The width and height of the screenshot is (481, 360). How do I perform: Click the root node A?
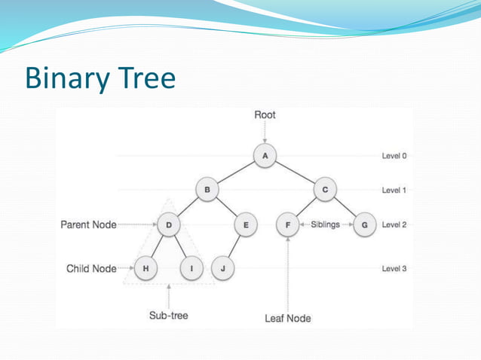click(265, 156)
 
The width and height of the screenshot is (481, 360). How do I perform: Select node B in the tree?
click(207, 190)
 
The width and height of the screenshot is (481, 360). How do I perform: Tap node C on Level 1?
click(325, 190)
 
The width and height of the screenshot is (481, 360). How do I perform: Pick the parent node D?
click(168, 224)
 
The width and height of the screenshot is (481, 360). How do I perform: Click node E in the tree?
click(246, 224)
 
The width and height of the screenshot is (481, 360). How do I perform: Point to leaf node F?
click(287, 224)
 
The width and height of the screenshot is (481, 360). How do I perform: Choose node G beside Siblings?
click(365, 224)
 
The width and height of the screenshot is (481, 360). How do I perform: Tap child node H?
click(145, 268)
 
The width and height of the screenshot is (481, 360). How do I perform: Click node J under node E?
click(222, 268)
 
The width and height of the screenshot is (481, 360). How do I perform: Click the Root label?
click(265, 115)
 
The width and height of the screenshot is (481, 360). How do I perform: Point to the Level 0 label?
click(394, 156)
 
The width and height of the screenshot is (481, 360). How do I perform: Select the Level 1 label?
click(394, 190)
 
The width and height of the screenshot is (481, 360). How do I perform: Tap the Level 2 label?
click(394, 224)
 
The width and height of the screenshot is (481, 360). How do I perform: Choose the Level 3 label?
click(394, 268)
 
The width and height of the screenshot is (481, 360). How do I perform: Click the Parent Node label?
click(88, 224)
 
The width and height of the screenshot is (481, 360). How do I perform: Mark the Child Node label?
click(91, 268)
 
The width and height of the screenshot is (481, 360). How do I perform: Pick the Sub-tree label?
click(168, 316)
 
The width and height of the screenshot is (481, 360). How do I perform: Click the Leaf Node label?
click(287, 318)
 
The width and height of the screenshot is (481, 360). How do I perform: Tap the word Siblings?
click(325, 224)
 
